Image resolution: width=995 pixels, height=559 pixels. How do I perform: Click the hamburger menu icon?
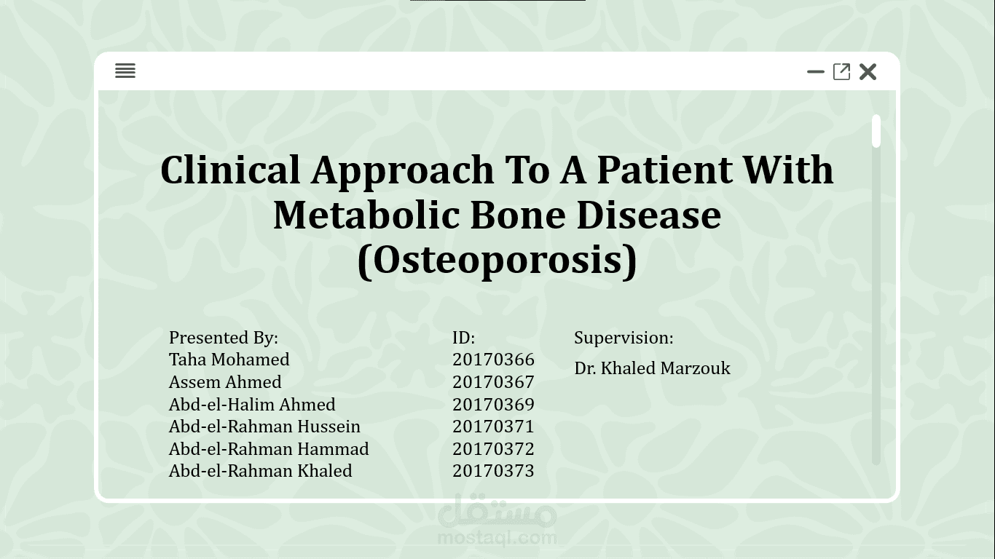coord(125,71)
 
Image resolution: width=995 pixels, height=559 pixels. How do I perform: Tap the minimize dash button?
coord(816,71)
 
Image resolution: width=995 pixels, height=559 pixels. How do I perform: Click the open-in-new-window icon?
coord(841,71)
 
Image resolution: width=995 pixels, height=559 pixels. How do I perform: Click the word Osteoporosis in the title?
coord(497,260)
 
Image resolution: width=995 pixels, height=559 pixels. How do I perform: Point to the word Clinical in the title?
coord(230,170)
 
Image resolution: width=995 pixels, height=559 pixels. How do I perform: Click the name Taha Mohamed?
coord(229,360)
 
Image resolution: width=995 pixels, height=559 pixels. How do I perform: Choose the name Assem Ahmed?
coord(225,382)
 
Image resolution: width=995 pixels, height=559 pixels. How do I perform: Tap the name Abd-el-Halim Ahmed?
coord(252,405)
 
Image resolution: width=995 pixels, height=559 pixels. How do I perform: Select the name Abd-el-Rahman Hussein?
coord(264,427)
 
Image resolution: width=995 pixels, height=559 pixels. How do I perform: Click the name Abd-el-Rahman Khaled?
coord(260,471)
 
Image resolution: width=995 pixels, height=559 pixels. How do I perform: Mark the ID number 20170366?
coord(493,360)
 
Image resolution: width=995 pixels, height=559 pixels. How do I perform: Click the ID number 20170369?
coord(493,405)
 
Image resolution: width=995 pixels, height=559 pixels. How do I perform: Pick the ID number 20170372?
coord(493,449)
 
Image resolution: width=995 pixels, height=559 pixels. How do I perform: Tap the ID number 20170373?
coord(493,471)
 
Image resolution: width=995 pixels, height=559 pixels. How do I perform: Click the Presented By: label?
coord(224,338)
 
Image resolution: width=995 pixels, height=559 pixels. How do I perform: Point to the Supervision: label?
coord(624,338)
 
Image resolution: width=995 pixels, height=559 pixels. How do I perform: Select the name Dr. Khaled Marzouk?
coord(652,368)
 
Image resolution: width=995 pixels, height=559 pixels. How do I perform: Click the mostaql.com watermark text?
coord(497,538)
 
